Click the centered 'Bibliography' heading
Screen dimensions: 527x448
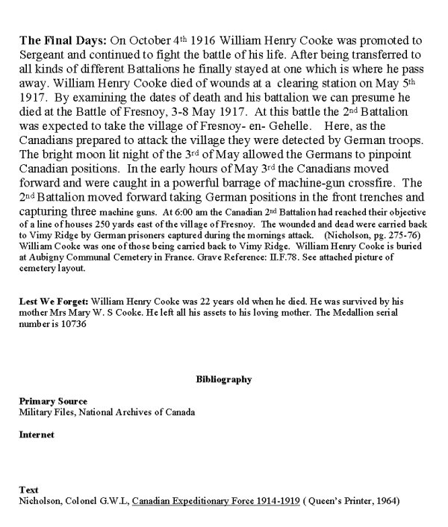point(224,380)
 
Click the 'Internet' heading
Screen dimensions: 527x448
point(36,434)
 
